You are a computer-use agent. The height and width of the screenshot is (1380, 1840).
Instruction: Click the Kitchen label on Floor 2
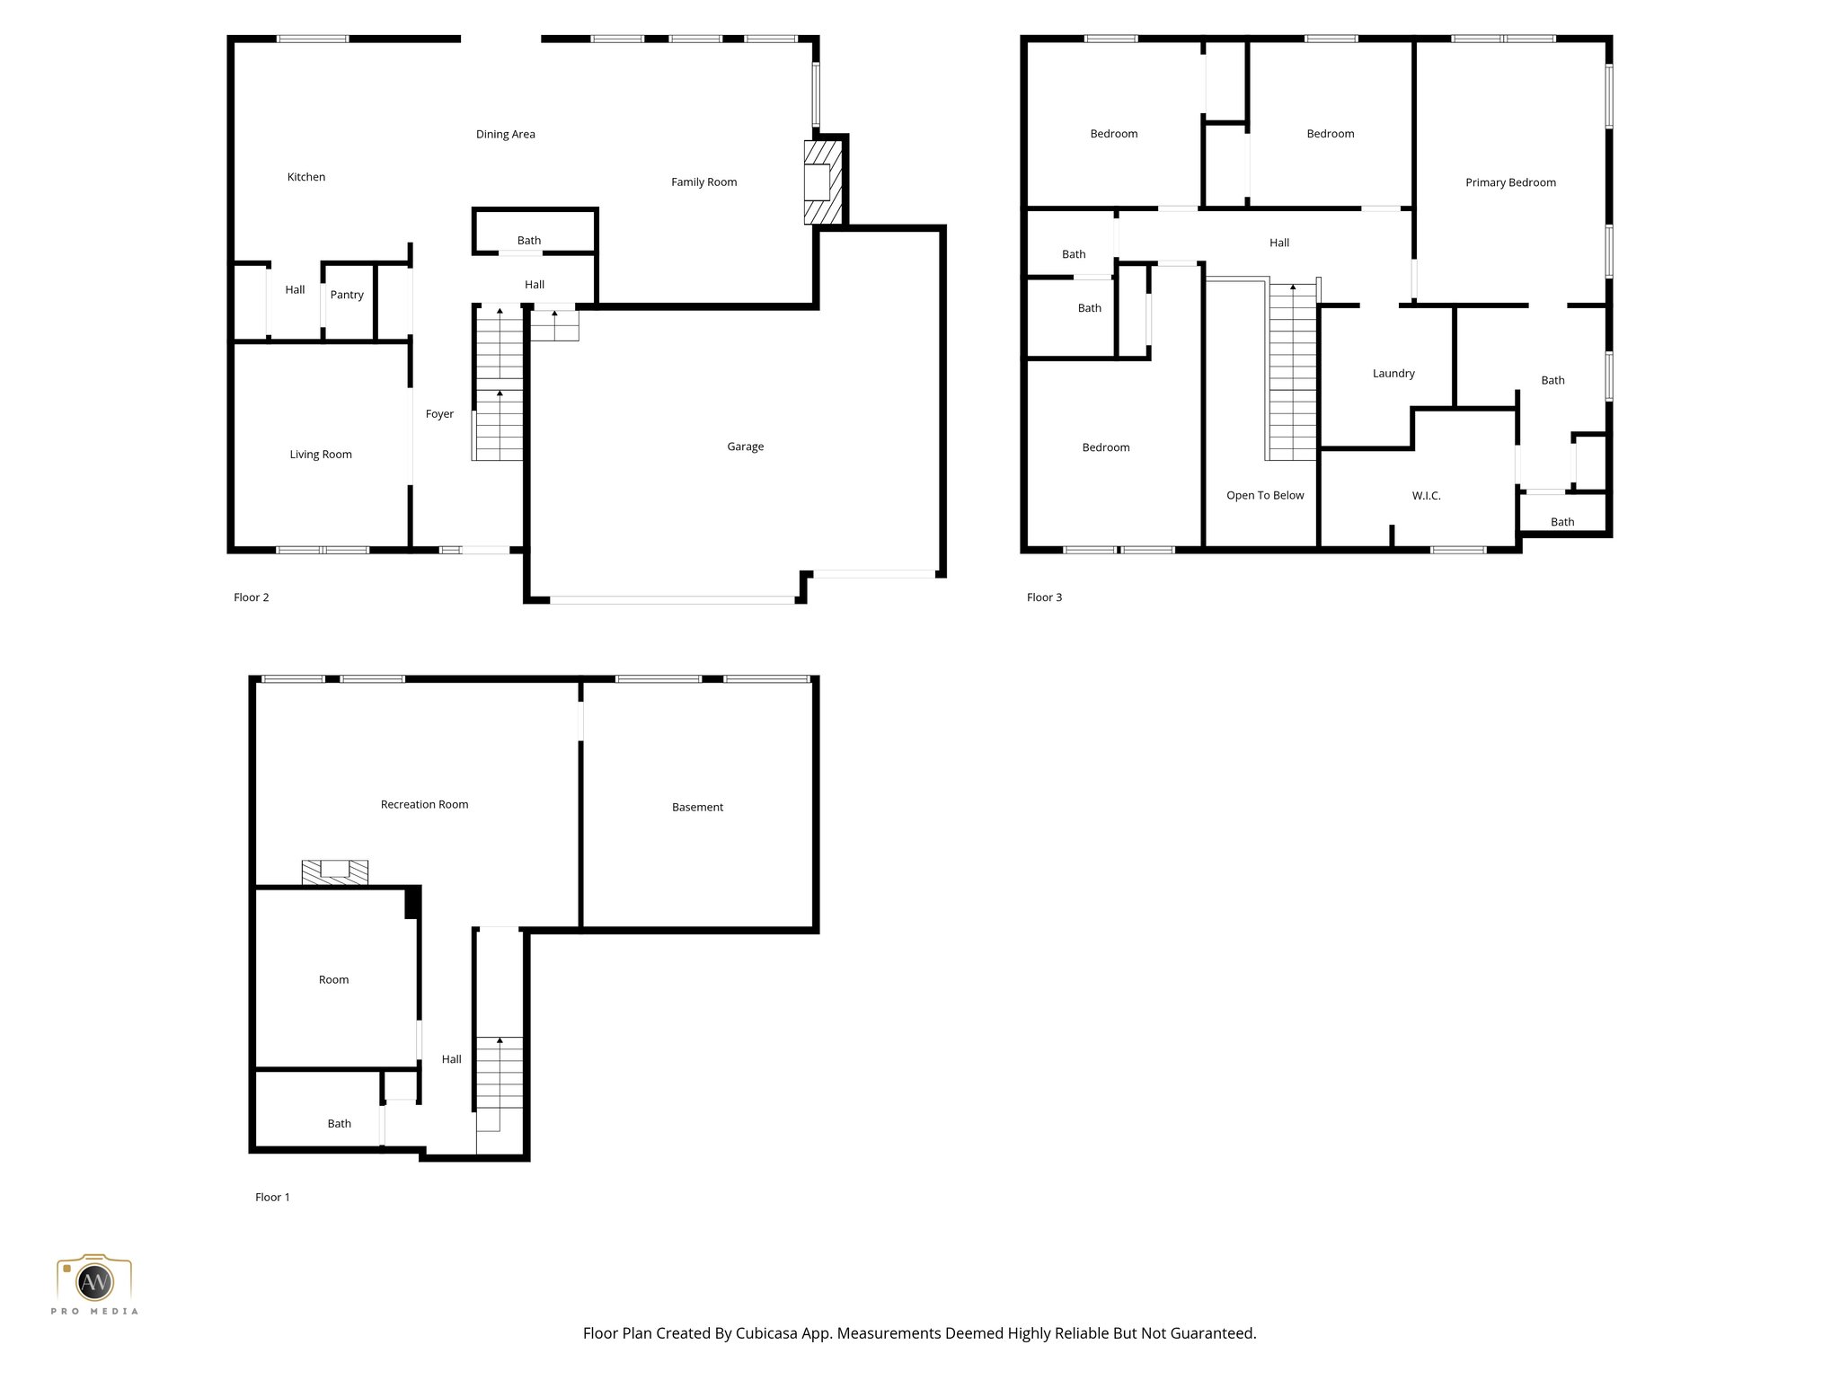point(305,177)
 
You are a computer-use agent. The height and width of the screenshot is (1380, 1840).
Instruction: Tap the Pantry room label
point(347,295)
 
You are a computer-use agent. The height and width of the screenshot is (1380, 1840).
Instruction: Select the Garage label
point(745,447)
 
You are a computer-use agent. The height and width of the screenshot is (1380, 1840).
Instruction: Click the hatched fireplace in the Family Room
point(822,182)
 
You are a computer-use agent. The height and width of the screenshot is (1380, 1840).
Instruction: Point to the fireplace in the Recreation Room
point(334,871)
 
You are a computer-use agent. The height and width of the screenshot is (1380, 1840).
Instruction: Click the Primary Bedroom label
point(1510,182)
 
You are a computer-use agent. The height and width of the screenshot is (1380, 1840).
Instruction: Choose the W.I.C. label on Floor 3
point(1426,496)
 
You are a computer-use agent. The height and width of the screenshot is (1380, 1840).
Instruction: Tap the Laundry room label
point(1393,374)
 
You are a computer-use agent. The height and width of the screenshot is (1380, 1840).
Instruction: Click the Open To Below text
point(1264,496)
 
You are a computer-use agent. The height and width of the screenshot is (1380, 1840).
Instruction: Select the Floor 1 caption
point(272,1197)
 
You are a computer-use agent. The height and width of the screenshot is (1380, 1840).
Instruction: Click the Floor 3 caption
point(1044,597)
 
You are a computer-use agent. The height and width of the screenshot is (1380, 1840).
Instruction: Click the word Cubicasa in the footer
point(767,1333)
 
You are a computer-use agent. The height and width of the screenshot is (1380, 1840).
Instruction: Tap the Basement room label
point(697,808)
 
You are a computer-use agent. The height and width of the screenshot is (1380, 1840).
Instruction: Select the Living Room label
point(321,455)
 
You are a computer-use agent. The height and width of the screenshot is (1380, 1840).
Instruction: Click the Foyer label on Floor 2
point(439,414)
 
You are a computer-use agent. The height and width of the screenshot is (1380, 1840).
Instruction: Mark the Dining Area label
point(505,135)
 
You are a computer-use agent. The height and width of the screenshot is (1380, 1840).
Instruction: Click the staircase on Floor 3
point(1292,373)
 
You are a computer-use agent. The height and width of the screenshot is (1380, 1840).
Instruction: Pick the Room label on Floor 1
point(333,980)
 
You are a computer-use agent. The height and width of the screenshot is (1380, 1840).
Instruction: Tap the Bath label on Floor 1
point(339,1124)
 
